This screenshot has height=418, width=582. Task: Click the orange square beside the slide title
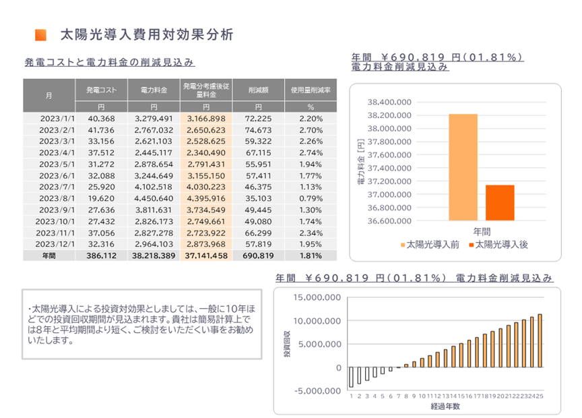(41, 34)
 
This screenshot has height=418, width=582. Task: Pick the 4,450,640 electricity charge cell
(154, 199)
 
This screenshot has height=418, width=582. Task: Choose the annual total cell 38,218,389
(154, 256)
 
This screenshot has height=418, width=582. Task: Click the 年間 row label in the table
(49, 256)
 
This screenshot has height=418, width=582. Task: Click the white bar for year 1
(351, 378)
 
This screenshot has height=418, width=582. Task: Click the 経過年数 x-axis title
(445, 407)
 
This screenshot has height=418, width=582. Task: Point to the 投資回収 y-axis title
(287, 343)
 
